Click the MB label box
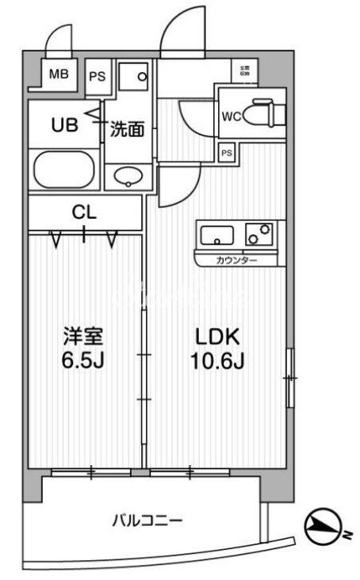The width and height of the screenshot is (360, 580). tap(59, 75)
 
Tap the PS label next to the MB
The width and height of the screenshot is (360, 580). tap(97, 76)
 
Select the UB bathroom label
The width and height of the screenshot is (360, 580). tap(65, 124)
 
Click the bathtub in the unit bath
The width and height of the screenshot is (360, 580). tap(66, 169)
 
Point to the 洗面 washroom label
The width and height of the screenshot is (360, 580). tap(127, 128)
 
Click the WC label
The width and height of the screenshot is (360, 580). tap(232, 116)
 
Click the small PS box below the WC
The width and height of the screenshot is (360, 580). tap(227, 152)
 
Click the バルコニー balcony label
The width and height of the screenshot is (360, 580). tap(147, 521)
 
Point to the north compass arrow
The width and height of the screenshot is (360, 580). tap(325, 523)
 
